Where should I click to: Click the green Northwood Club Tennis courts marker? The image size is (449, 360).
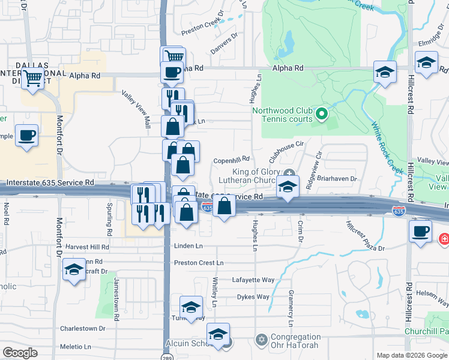321,113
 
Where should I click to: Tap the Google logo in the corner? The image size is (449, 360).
20,353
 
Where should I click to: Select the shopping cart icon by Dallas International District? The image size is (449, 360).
33,78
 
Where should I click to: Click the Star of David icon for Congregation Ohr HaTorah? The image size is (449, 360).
261,340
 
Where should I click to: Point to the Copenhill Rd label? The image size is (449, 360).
231,160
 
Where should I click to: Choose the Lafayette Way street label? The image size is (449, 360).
253,280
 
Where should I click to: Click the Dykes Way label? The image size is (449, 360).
253,296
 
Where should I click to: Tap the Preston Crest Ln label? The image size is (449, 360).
199,263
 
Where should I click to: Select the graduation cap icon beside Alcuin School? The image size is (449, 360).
218,334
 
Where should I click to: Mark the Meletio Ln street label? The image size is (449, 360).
75,346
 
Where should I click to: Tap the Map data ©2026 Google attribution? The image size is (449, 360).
411,355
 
